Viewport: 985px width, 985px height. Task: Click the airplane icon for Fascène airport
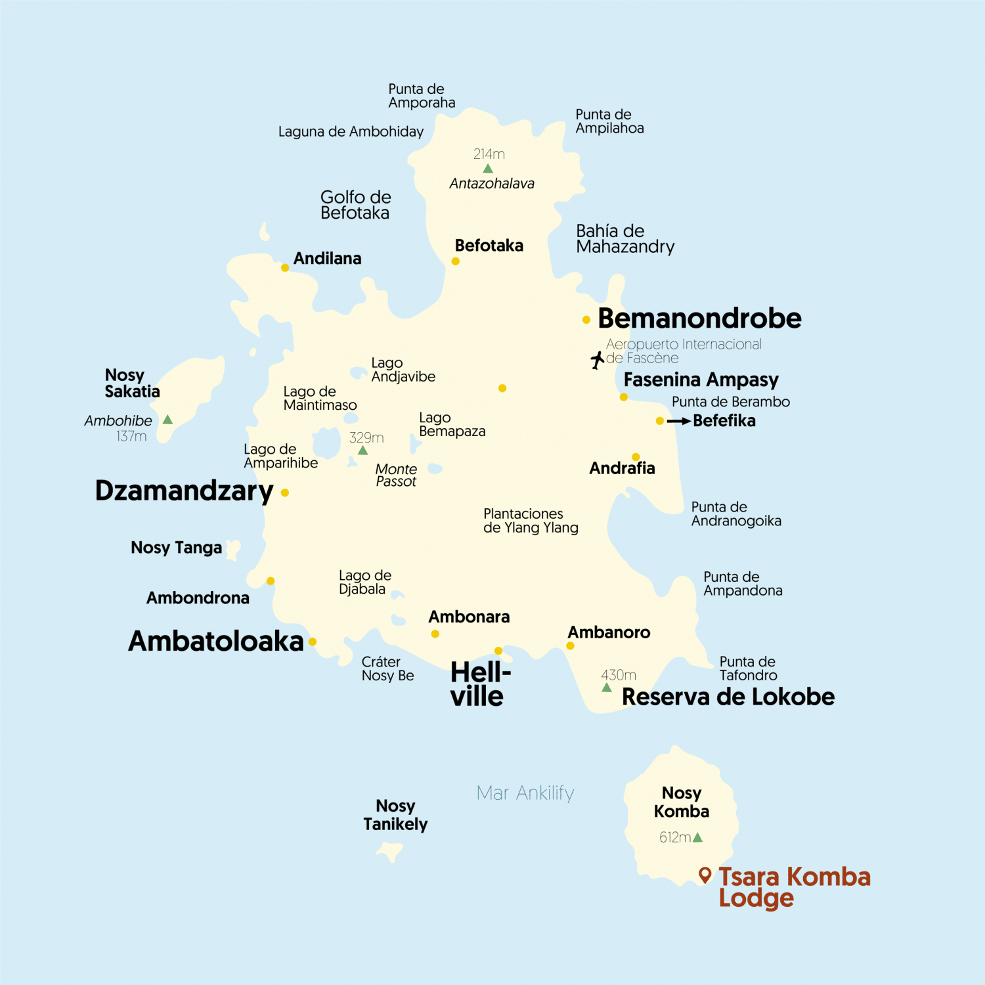(597, 360)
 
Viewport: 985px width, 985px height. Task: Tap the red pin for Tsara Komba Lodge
(705, 875)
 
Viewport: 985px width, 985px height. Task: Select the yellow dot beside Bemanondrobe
(586, 320)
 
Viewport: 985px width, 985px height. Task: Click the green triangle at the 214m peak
(488, 169)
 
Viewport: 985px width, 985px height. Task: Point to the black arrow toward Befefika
(678, 421)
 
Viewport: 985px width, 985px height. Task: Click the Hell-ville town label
(479, 684)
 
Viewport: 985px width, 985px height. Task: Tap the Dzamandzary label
(184, 491)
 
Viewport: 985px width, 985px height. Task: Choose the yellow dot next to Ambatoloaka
(313, 642)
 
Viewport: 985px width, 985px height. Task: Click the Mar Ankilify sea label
(525, 793)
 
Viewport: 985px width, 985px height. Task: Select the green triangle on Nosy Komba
(697, 837)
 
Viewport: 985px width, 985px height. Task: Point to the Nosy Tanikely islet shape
(389, 852)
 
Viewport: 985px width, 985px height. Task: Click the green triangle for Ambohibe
(168, 420)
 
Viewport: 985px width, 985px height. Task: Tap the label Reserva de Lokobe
(728, 697)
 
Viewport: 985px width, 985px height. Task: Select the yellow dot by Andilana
(285, 268)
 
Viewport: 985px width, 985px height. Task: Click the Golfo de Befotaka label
(355, 205)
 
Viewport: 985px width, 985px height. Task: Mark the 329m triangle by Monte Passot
(362, 450)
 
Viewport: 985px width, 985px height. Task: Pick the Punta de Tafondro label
(747, 668)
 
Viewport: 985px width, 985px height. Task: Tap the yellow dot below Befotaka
(455, 261)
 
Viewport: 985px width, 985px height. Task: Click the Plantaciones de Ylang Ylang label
(531, 521)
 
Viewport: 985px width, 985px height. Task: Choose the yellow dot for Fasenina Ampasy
(624, 397)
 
